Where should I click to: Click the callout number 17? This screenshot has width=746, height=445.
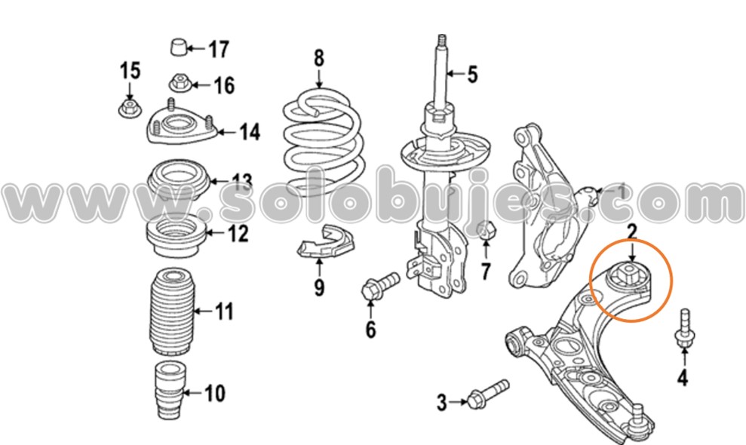pos(218,50)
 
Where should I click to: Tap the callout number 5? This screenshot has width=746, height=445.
pos(472,74)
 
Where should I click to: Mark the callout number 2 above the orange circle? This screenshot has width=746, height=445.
pos(631,233)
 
